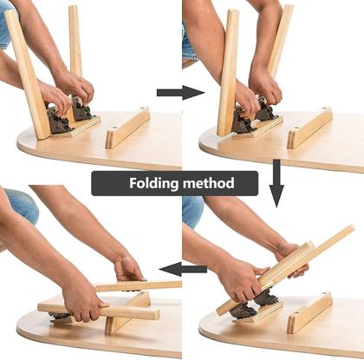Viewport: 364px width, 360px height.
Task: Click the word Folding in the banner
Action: point(156,183)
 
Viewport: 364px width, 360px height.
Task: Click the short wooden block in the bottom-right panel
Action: point(309,312)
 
